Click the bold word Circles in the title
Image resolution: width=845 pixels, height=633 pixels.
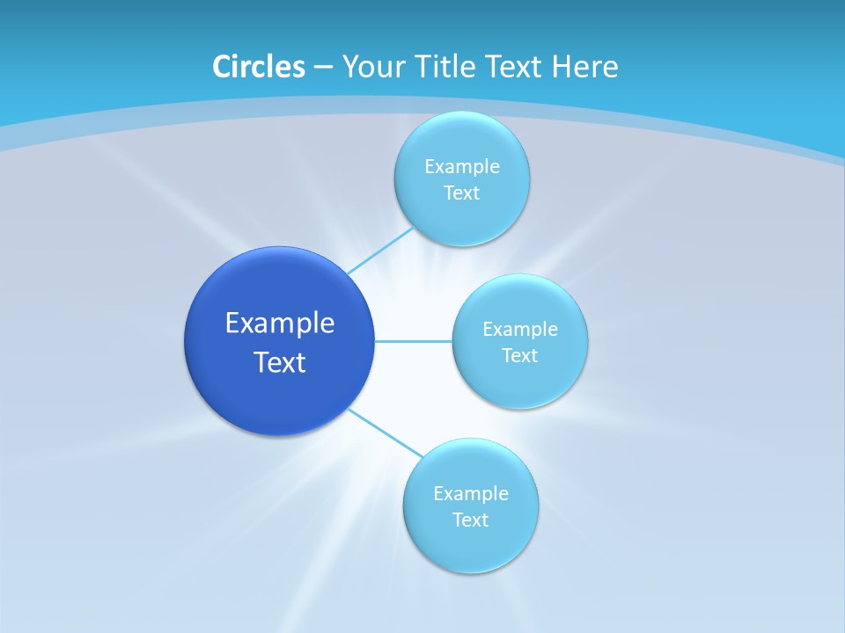pos(258,67)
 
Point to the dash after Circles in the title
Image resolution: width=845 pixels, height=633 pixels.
pos(322,68)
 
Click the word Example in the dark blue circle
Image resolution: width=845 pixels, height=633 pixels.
pos(279,324)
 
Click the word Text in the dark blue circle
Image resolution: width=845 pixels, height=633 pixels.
pos(279,362)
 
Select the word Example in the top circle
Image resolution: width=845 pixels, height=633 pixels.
pos(461,167)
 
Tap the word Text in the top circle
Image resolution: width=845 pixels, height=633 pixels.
pos(461,193)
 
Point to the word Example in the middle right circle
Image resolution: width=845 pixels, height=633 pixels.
pos(519,330)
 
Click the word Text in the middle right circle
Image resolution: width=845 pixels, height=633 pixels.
pos(519,356)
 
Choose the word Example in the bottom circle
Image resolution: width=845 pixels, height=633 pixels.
pos(470,494)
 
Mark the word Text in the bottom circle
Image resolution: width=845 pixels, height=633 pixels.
pos(470,520)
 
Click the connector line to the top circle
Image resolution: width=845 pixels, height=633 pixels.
pos(380,251)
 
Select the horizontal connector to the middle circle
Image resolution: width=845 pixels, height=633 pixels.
pos(413,341)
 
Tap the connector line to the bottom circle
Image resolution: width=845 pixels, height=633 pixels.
pos(386,433)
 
